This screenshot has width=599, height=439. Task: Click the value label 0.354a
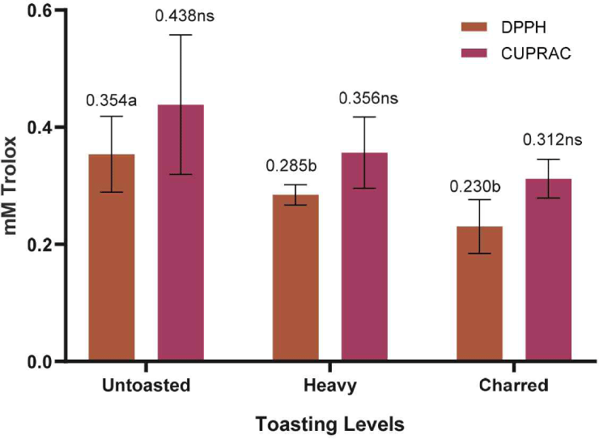click(111, 100)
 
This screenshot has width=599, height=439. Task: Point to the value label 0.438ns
click(185, 17)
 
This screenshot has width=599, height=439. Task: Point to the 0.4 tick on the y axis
click(63, 127)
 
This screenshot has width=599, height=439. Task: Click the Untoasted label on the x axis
click(147, 386)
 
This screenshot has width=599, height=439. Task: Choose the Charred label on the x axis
click(514, 386)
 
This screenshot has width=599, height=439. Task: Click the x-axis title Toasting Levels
click(329, 424)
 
